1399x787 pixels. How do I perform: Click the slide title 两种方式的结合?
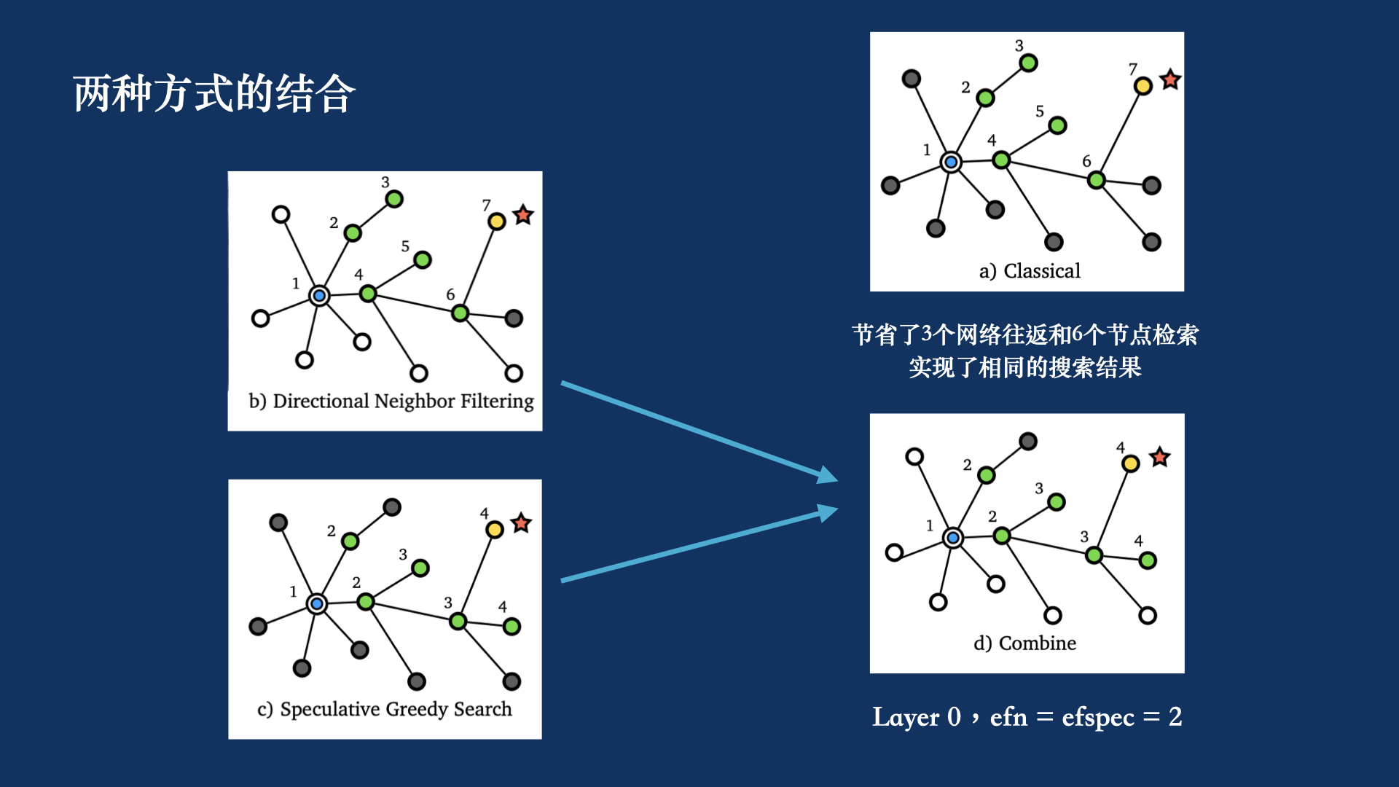(x=214, y=94)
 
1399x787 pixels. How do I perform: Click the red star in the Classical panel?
(x=1170, y=79)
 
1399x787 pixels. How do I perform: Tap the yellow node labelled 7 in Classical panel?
(x=1143, y=86)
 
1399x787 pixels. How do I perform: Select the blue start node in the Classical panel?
(x=951, y=162)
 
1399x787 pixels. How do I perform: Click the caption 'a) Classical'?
(x=1030, y=271)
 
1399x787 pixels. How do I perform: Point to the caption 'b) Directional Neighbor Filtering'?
(x=391, y=402)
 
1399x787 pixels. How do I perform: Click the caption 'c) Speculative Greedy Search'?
(x=385, y=709)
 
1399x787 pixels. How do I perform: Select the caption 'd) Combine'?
(x=1024, y=643)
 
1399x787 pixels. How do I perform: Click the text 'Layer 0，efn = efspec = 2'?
(x=1027, y=717)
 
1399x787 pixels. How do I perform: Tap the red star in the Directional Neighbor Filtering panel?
(x=523, y=215)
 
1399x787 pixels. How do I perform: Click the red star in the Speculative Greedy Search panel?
(x=521, y=523)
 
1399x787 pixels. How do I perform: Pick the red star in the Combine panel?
(x=1159, y=458)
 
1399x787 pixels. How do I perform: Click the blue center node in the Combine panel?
(x=953, y=538)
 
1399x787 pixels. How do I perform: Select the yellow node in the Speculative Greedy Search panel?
(x=495, y=530)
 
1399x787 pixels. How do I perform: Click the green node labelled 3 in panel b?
(x=394, y=199)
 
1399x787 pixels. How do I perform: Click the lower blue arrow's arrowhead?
(x=828, y=512)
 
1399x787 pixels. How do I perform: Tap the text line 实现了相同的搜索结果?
(x=1024, y=367)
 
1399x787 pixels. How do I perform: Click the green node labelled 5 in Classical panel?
(x=1057, y=125)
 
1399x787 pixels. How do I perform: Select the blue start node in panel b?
(x=319, y=296)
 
